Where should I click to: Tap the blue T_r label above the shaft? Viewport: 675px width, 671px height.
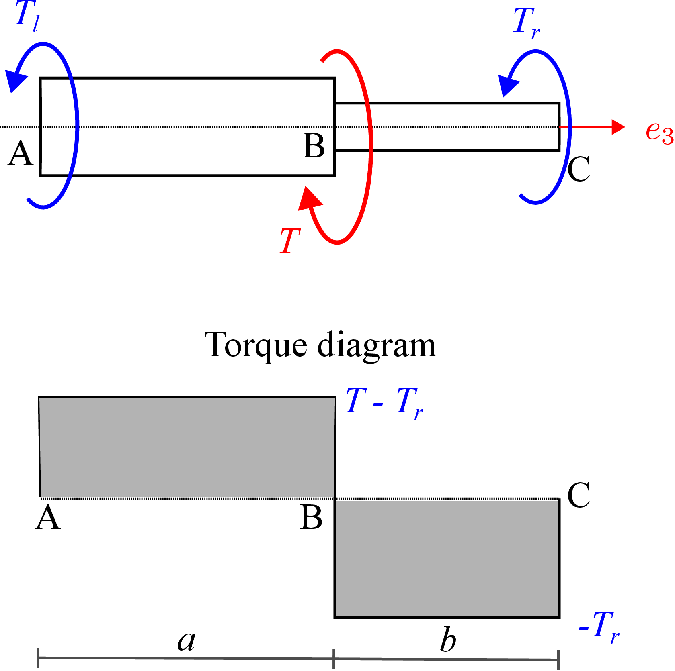(527, 23)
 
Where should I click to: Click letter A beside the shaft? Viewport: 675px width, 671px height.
(20, 153)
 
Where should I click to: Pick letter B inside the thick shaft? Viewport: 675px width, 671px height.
(314, 145)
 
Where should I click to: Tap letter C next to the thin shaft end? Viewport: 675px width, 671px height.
(579, 169)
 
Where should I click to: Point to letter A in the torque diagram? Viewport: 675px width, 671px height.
(48, 517)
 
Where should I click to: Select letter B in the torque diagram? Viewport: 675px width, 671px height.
(311, 517)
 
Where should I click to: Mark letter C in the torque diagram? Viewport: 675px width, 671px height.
(579, 495)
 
